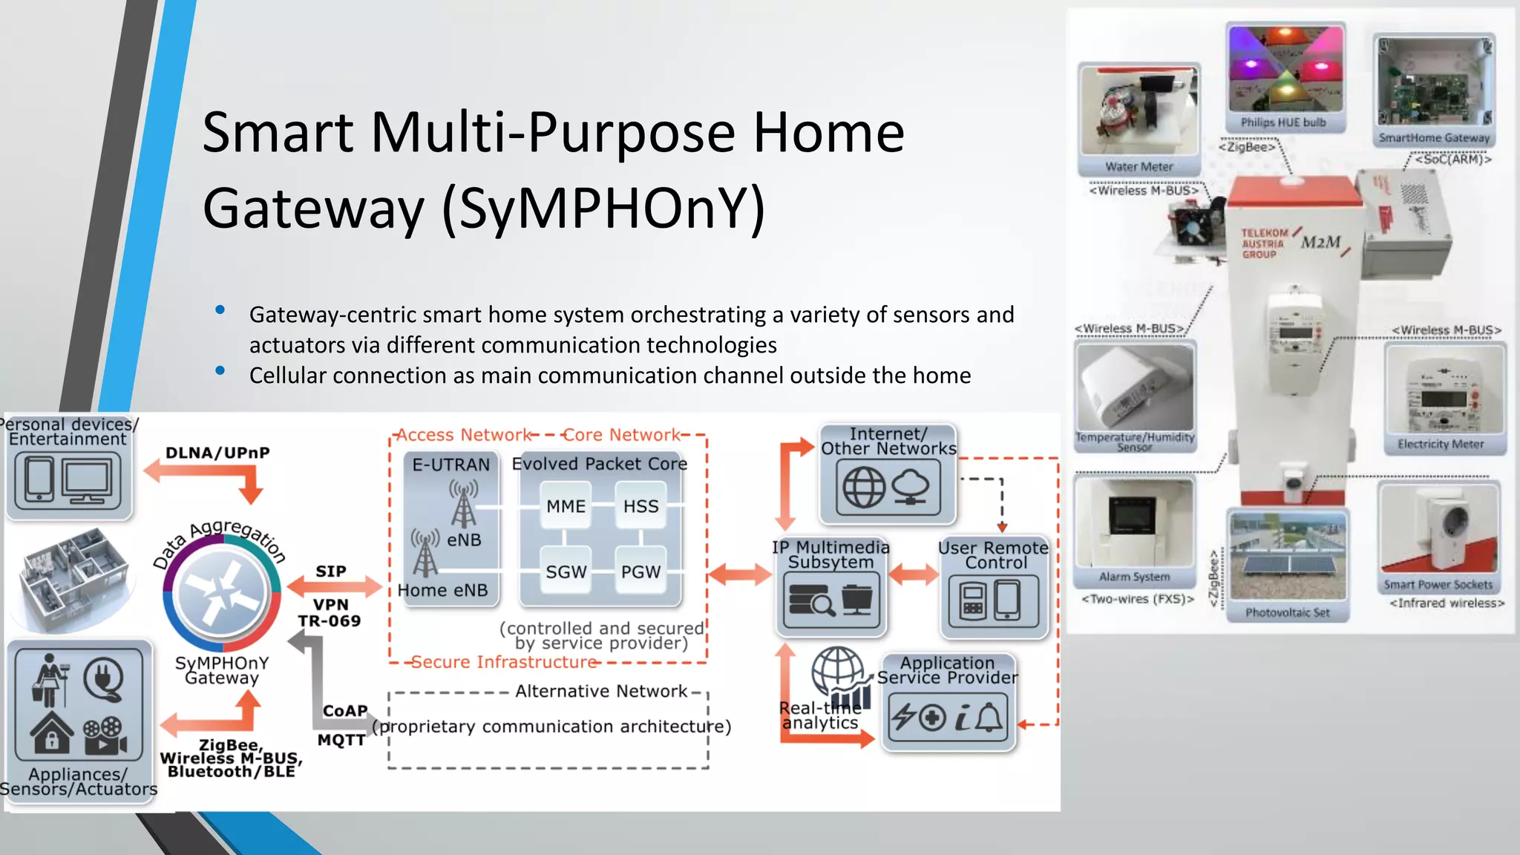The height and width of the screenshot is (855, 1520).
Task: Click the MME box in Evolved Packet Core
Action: click(566, 506)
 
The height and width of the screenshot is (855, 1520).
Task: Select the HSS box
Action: click(641, 506)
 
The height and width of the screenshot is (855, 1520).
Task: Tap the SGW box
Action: click(566, 571)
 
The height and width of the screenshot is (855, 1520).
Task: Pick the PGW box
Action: click(641, 571)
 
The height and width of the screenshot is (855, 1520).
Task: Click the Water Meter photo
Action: click(1139, 111)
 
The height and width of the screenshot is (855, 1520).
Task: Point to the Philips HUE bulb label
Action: click(1283, 122)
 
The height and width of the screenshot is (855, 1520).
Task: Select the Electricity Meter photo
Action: click(1444, 390)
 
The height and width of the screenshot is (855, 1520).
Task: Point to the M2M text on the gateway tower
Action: click(1321, 242)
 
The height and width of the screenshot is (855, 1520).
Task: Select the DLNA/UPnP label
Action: click(217, 453)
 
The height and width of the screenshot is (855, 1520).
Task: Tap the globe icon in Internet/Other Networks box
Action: click(864, 488)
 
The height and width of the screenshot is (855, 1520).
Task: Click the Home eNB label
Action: click(442, 590)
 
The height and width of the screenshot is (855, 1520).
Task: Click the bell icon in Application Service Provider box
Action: click(989, 718)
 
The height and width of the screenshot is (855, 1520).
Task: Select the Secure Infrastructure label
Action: click(504, 661)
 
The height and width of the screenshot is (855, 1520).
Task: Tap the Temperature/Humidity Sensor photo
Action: click(1135, 389)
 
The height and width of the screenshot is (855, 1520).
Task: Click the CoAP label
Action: click(345, 710)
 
